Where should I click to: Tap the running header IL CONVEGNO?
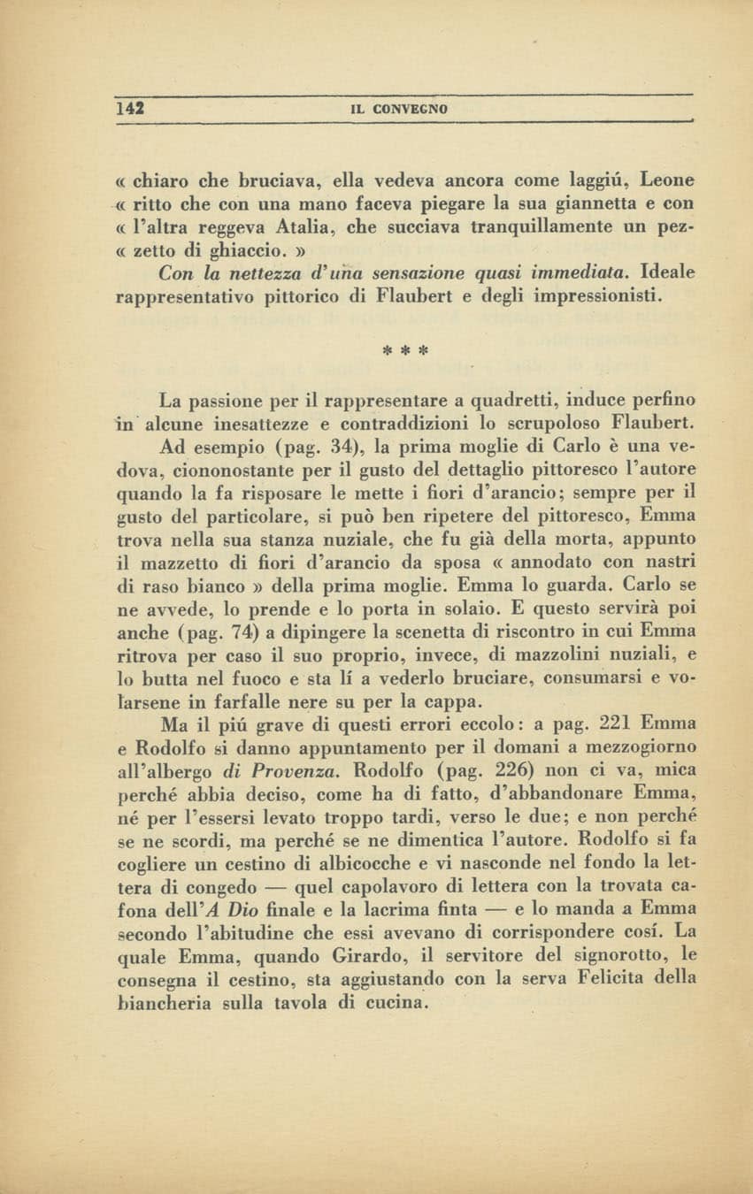[x=400, y=109]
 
